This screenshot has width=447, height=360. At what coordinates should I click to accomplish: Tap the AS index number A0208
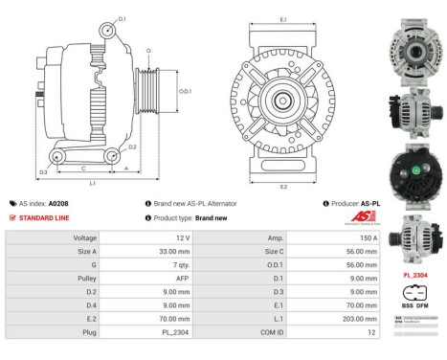click(59, 204)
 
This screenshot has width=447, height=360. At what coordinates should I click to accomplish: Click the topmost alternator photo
click(415, 44)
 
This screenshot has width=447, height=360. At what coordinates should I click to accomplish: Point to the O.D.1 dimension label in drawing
click(185, 92)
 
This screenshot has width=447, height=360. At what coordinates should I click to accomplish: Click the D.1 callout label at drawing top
click(122, 18)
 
